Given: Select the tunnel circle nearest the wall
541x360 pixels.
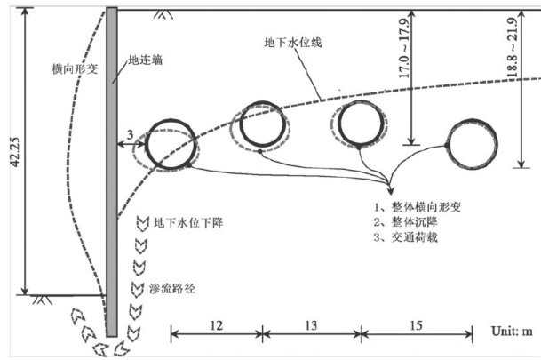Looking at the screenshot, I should [x=169, y=147].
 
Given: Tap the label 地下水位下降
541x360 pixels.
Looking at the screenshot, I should [x=187, y=223].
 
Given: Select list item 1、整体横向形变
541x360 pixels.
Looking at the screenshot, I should [x=418, y=206].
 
